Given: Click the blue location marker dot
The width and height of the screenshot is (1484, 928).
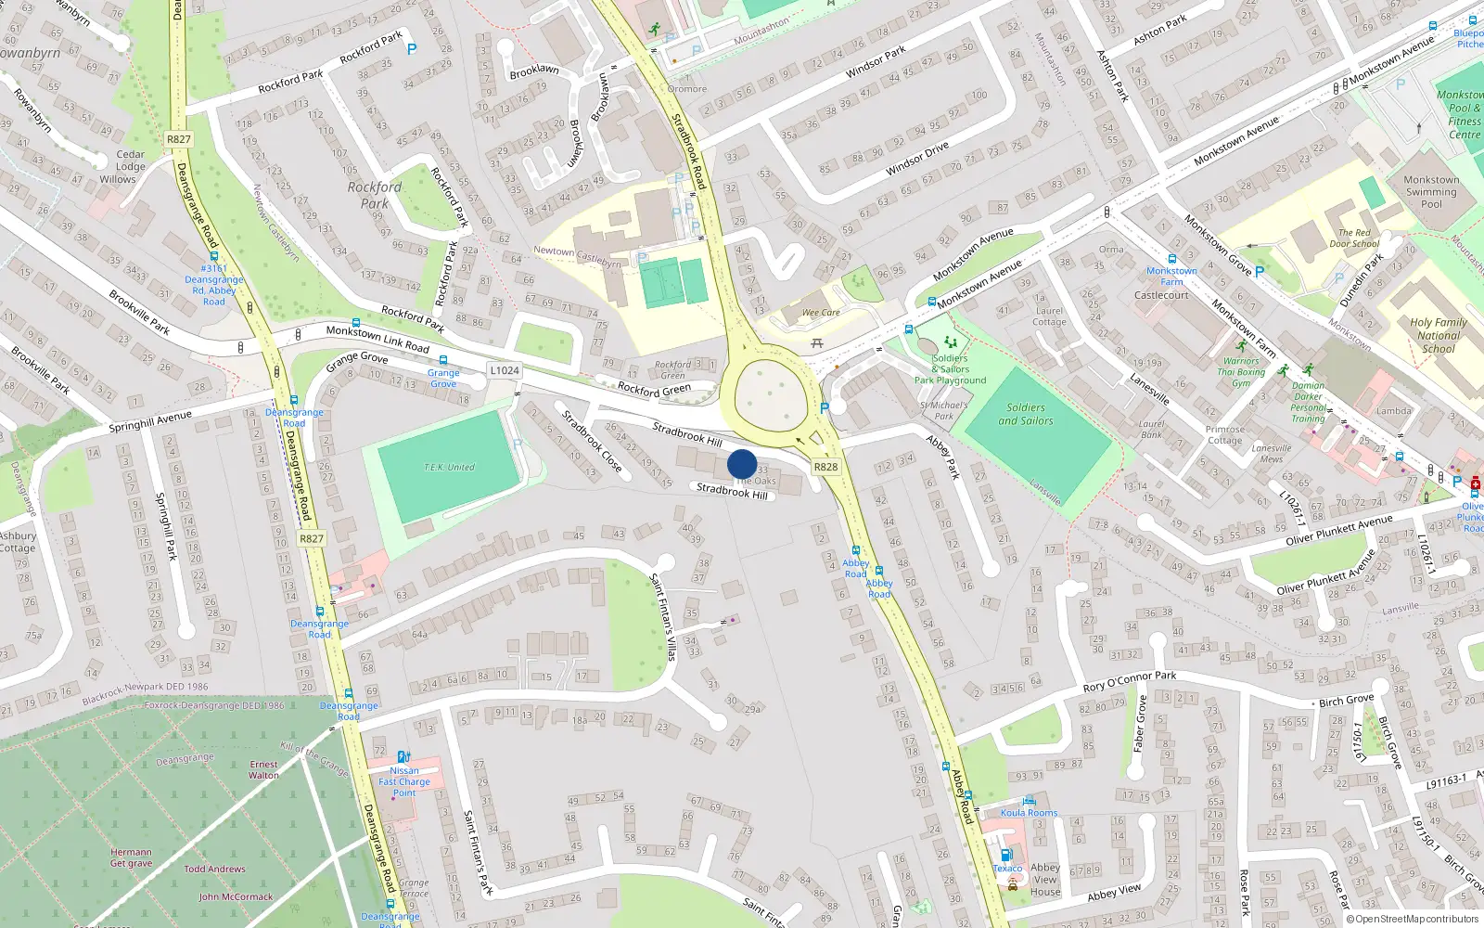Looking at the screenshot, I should (742, 464).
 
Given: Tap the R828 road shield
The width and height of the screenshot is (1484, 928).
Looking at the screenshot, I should (825, 467).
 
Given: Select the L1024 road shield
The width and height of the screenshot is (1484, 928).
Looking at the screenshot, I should (505, 370).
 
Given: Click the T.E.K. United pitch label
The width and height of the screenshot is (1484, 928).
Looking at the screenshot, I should (449, 467).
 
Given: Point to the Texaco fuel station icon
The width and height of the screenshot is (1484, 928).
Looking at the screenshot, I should (1004, 855).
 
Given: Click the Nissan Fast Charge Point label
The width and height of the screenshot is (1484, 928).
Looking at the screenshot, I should (404, 781).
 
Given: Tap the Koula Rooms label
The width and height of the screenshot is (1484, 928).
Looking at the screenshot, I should (1029, 813).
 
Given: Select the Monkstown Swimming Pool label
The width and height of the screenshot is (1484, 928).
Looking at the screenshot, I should (1431, 192).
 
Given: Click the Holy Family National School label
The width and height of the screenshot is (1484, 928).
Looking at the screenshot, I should (1439, 336).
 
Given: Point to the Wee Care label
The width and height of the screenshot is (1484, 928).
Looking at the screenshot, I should (821, 313).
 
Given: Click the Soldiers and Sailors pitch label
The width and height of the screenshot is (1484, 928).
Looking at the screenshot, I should (1026, 414).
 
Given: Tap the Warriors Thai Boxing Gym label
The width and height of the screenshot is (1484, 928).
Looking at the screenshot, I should (1241, 372).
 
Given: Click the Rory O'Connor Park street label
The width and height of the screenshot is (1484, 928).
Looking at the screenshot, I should (1130, 682).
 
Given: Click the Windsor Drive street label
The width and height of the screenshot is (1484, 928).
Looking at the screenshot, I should (917, 159).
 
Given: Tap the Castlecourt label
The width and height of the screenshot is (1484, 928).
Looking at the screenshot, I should (1161, 295).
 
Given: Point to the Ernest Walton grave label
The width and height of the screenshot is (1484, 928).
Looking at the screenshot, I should (263, 769).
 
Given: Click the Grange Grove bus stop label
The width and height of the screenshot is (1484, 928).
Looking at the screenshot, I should (443, 378).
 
